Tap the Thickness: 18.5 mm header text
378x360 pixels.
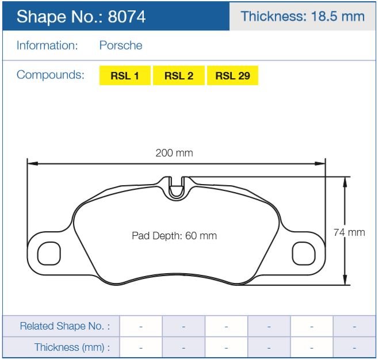point(303,16)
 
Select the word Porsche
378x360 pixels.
point(121,45)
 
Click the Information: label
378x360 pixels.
point(47,45)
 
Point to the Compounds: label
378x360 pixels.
point(50,75)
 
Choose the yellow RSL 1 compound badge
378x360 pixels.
point(125,76)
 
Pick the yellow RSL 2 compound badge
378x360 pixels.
point(179,76)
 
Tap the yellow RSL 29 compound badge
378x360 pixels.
point(232,76)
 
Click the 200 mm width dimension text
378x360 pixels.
point(174,153)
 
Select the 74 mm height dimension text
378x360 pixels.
point(349,232)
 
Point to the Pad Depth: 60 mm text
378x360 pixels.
point(174,236)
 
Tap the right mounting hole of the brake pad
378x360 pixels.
point(304,252)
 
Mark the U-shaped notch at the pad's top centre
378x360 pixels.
point(177,187)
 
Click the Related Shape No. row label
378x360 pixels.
point(64,326)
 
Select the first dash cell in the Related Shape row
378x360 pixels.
point(141,326)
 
